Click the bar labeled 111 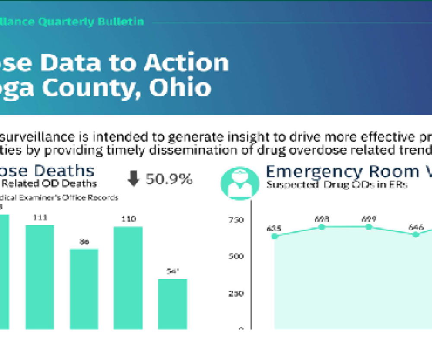(x=40, y=277)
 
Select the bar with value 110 (x=128, y=277)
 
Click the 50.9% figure (x=169, y=179)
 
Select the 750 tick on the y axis (x=236, y=220)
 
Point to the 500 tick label (x=236, y=256)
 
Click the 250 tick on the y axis (x=236, y=293)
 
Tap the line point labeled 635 (x=274, y=236)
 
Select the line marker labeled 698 (x=321, y=226)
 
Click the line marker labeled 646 (x=416, y=234)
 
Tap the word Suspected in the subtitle (x=286, y=185)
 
